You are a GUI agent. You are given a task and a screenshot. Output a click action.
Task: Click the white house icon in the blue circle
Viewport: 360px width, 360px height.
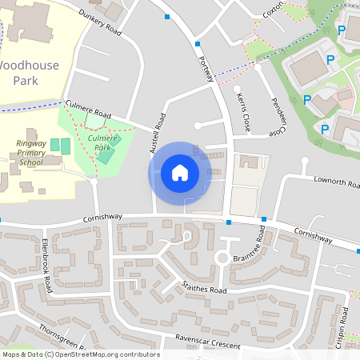[x=180, y=173]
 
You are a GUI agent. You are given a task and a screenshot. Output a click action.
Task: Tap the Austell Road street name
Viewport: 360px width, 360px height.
[x=157, y=133]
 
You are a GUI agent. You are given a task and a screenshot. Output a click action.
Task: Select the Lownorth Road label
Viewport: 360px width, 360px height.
[x=336, y=183]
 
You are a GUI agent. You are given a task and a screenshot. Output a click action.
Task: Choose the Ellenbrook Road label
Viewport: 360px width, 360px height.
[x=46, y=265]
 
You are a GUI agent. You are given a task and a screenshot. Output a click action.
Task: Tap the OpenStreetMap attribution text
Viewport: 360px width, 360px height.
[x=80, y=354]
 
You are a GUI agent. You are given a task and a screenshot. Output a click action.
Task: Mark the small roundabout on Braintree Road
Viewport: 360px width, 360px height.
[x=222, y=258]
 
